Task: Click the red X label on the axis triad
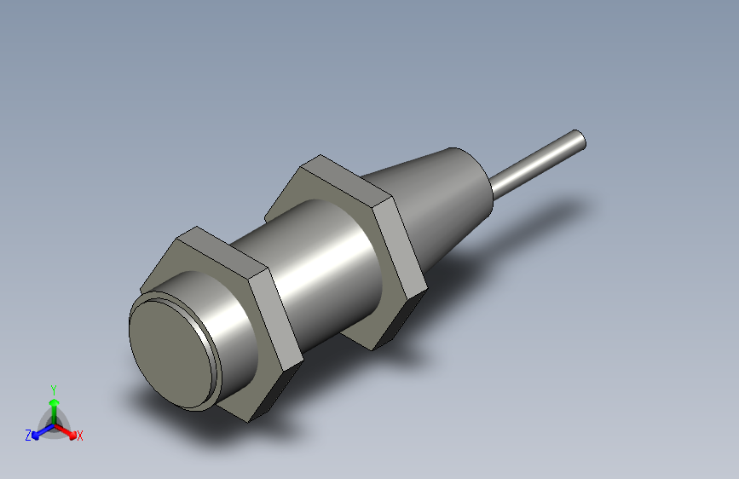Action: coord(80,436)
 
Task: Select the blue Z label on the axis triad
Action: coord(28,435)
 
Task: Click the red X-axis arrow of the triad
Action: coord(69,431)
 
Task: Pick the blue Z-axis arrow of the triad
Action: coord(39,430)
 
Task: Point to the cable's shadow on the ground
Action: coord(546,213)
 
